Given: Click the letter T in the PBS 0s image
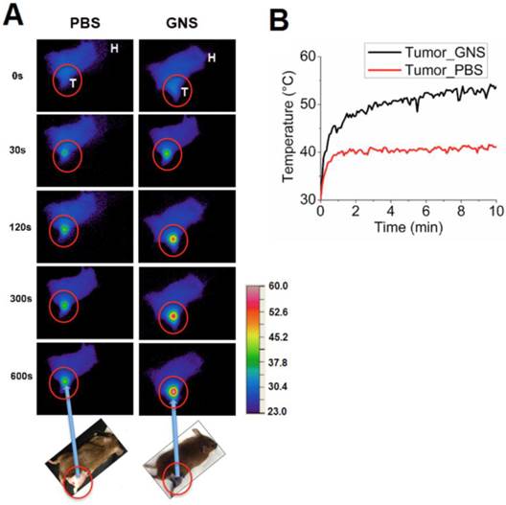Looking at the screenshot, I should coord(72,84).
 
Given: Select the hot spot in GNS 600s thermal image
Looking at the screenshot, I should coord(173,391).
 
